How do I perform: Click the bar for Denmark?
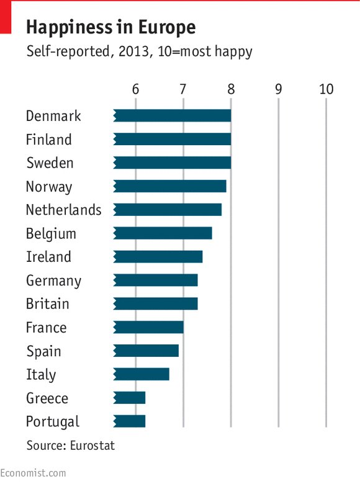coord(173,115)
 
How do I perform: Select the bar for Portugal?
coord(130,421)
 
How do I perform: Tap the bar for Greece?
coord(130,398)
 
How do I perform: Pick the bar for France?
coord(149,327)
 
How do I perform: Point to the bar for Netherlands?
coord(168,210)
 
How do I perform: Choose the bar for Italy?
coord(142,374)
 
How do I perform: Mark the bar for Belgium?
coord(163,233)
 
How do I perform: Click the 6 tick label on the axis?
coord(135,89)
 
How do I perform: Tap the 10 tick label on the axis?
coord(326,89)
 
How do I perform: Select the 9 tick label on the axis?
coord(279,89)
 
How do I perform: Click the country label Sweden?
coord(50,163)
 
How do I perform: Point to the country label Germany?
coord(53,281)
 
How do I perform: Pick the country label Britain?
coord(48,304)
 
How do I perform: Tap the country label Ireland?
coord(48,257)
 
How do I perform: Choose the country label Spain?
coord(43,351)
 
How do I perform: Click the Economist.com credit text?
coord(33,473)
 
